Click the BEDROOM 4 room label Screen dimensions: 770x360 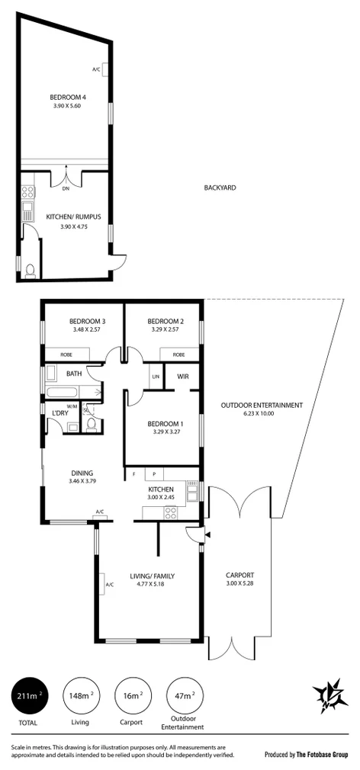click(66, 98)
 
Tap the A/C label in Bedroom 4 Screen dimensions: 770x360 click(96, 69)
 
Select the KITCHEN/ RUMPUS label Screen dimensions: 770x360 click(69, 216)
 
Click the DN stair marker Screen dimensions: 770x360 click(65, 188)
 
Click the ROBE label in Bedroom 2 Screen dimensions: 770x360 click(178, 355)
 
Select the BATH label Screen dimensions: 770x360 click(74, 374)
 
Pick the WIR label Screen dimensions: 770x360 click(183, 377)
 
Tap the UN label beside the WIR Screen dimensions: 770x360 click(155, 377)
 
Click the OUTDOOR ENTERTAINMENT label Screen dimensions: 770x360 click(262, 405)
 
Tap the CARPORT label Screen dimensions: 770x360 click(239, 575)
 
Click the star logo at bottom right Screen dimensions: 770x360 click(328, 696)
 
